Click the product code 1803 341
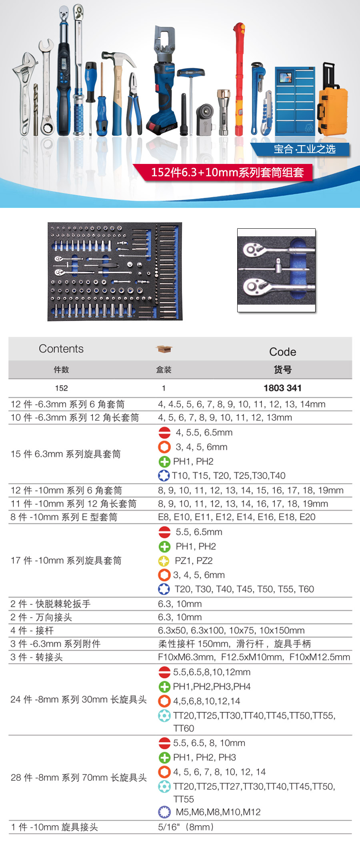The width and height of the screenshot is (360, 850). [282, 388]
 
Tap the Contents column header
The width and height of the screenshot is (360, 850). [61, 349]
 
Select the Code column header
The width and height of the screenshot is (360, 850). [282, 352]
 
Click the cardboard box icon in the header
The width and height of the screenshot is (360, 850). [164, 349]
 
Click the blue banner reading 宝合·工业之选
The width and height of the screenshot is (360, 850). [304, 149]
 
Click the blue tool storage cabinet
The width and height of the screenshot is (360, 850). [295, 100]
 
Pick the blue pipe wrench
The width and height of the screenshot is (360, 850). [255, 96]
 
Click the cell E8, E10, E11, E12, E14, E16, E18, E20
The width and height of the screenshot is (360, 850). [236, 517]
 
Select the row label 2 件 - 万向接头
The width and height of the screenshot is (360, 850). [41, 617]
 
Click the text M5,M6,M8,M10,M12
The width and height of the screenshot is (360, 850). [218, 812]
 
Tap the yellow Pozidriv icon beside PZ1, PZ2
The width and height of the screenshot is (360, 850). [164, 561]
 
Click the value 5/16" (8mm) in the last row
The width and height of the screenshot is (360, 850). [186, 827]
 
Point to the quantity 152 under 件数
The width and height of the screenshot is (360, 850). [61, 388]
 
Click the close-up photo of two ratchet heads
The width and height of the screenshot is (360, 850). [276, 270]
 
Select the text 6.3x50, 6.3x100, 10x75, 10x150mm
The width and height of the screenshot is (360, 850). [231, 631]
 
